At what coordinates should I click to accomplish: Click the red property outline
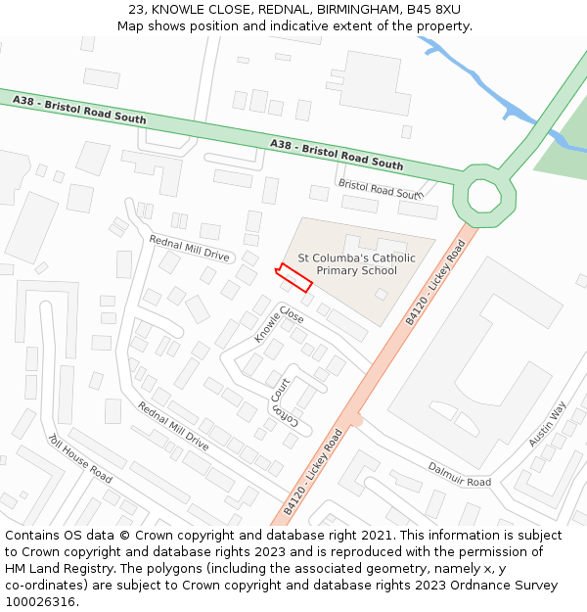[x=293, y=277]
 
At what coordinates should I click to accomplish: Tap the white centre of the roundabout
[x=483, y=196]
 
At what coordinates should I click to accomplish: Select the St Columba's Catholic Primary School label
[x=356, y=264]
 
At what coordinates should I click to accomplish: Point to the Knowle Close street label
[x=279, y=323]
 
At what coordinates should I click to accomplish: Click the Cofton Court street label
[x=281, y=400]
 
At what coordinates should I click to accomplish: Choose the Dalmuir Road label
[x=459, y=475]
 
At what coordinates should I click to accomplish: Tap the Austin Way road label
[x=547, y=424]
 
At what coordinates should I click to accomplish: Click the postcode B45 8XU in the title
[x=434, y=9]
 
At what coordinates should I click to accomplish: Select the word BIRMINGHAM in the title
[x=350, y=9]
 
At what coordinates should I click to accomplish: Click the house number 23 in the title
[x=136, y=9]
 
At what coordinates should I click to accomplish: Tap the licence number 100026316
[x=40, y=601]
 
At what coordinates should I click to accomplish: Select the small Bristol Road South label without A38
[x=378, y=188]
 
